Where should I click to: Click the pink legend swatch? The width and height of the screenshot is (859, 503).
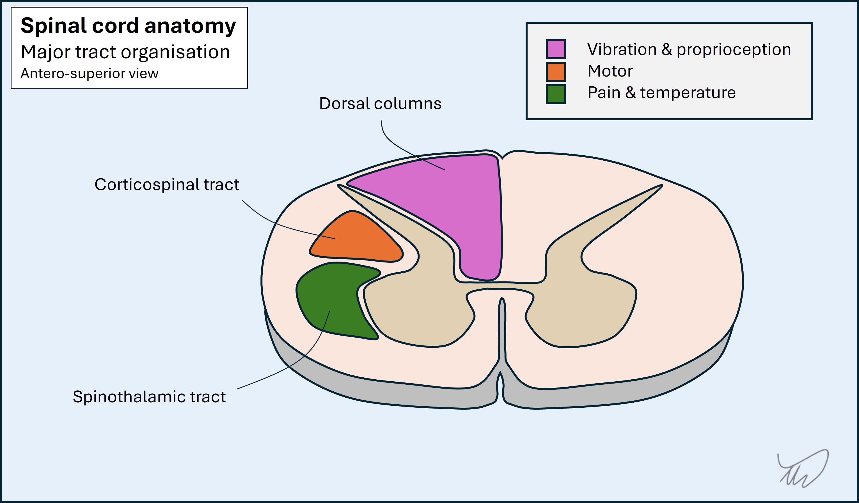click(556, 49)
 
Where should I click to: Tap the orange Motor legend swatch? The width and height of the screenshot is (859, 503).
click(556, 71)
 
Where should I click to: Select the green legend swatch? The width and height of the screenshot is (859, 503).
click(556, 94)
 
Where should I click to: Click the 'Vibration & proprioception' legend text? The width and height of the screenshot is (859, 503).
click(689, 50)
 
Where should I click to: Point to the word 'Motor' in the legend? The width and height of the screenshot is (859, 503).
click(610, 71)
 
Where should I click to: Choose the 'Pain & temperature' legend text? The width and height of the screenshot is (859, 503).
click(661, 93)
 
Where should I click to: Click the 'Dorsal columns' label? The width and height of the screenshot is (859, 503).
click(380, 103)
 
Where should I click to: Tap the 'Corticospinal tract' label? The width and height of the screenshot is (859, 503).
click(167, 184)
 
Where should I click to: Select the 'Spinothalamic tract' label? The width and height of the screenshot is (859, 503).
click(149, 397)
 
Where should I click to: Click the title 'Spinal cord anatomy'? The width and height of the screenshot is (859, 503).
click(128, 26)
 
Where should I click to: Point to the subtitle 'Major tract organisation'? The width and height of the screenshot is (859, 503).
click(125, 52)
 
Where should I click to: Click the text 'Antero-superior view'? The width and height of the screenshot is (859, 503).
click(89, 73)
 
